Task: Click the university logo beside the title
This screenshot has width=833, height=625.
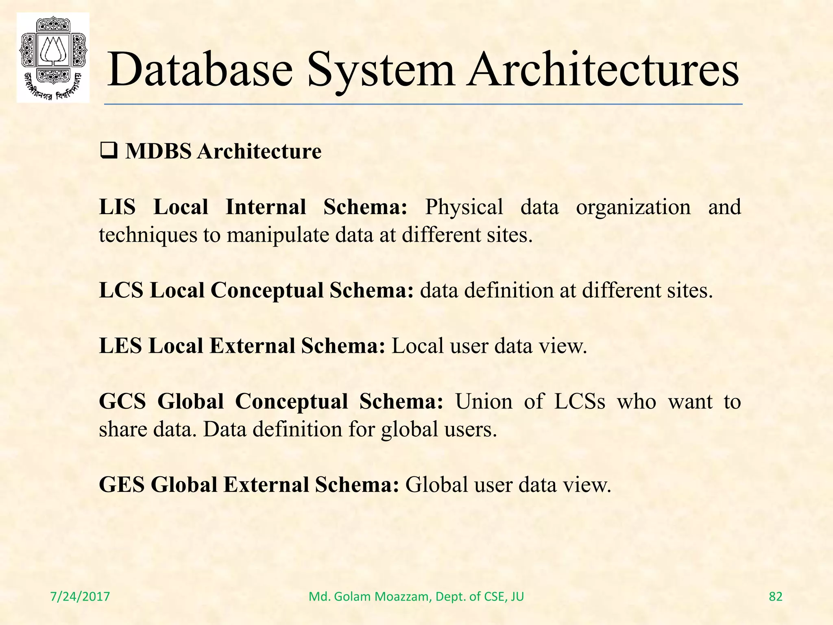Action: (53, 57)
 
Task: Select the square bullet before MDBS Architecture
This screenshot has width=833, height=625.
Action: (108, 151)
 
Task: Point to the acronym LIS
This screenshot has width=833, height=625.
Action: (117, 207)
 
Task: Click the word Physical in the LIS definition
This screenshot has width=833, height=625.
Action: (464, 207)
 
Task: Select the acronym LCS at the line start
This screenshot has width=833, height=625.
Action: (121, 291)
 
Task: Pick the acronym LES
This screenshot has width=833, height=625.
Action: (120, 346)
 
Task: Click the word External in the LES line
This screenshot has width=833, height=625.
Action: (252, 346)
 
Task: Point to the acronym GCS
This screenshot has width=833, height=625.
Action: (122, 402)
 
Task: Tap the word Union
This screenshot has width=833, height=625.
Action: (484, 402)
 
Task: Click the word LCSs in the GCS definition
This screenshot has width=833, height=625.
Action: (580, 402)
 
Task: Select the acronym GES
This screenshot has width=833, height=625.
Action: (122, 485)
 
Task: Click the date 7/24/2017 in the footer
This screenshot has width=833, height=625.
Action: (80, 597)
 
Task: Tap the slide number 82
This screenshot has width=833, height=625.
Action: (776, 597)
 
